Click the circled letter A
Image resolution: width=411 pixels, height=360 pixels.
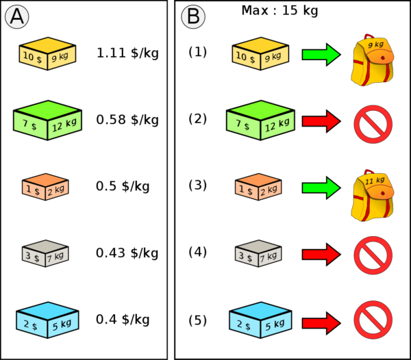tap(16, 17)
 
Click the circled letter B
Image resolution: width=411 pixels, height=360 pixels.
tap(193, 17)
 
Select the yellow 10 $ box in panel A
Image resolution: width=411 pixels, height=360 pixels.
tap(47, 54)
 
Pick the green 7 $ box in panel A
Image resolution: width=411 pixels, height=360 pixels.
tap(47, 120)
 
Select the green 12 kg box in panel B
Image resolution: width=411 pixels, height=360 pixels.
tap(260, 120)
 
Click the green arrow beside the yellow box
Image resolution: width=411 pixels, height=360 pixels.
tap(321, 54)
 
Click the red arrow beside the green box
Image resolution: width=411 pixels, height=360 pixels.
tap(321, 121)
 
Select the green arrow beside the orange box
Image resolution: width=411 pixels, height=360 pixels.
tap(321, 187)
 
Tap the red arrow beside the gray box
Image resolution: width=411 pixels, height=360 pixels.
tap(321, 254)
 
